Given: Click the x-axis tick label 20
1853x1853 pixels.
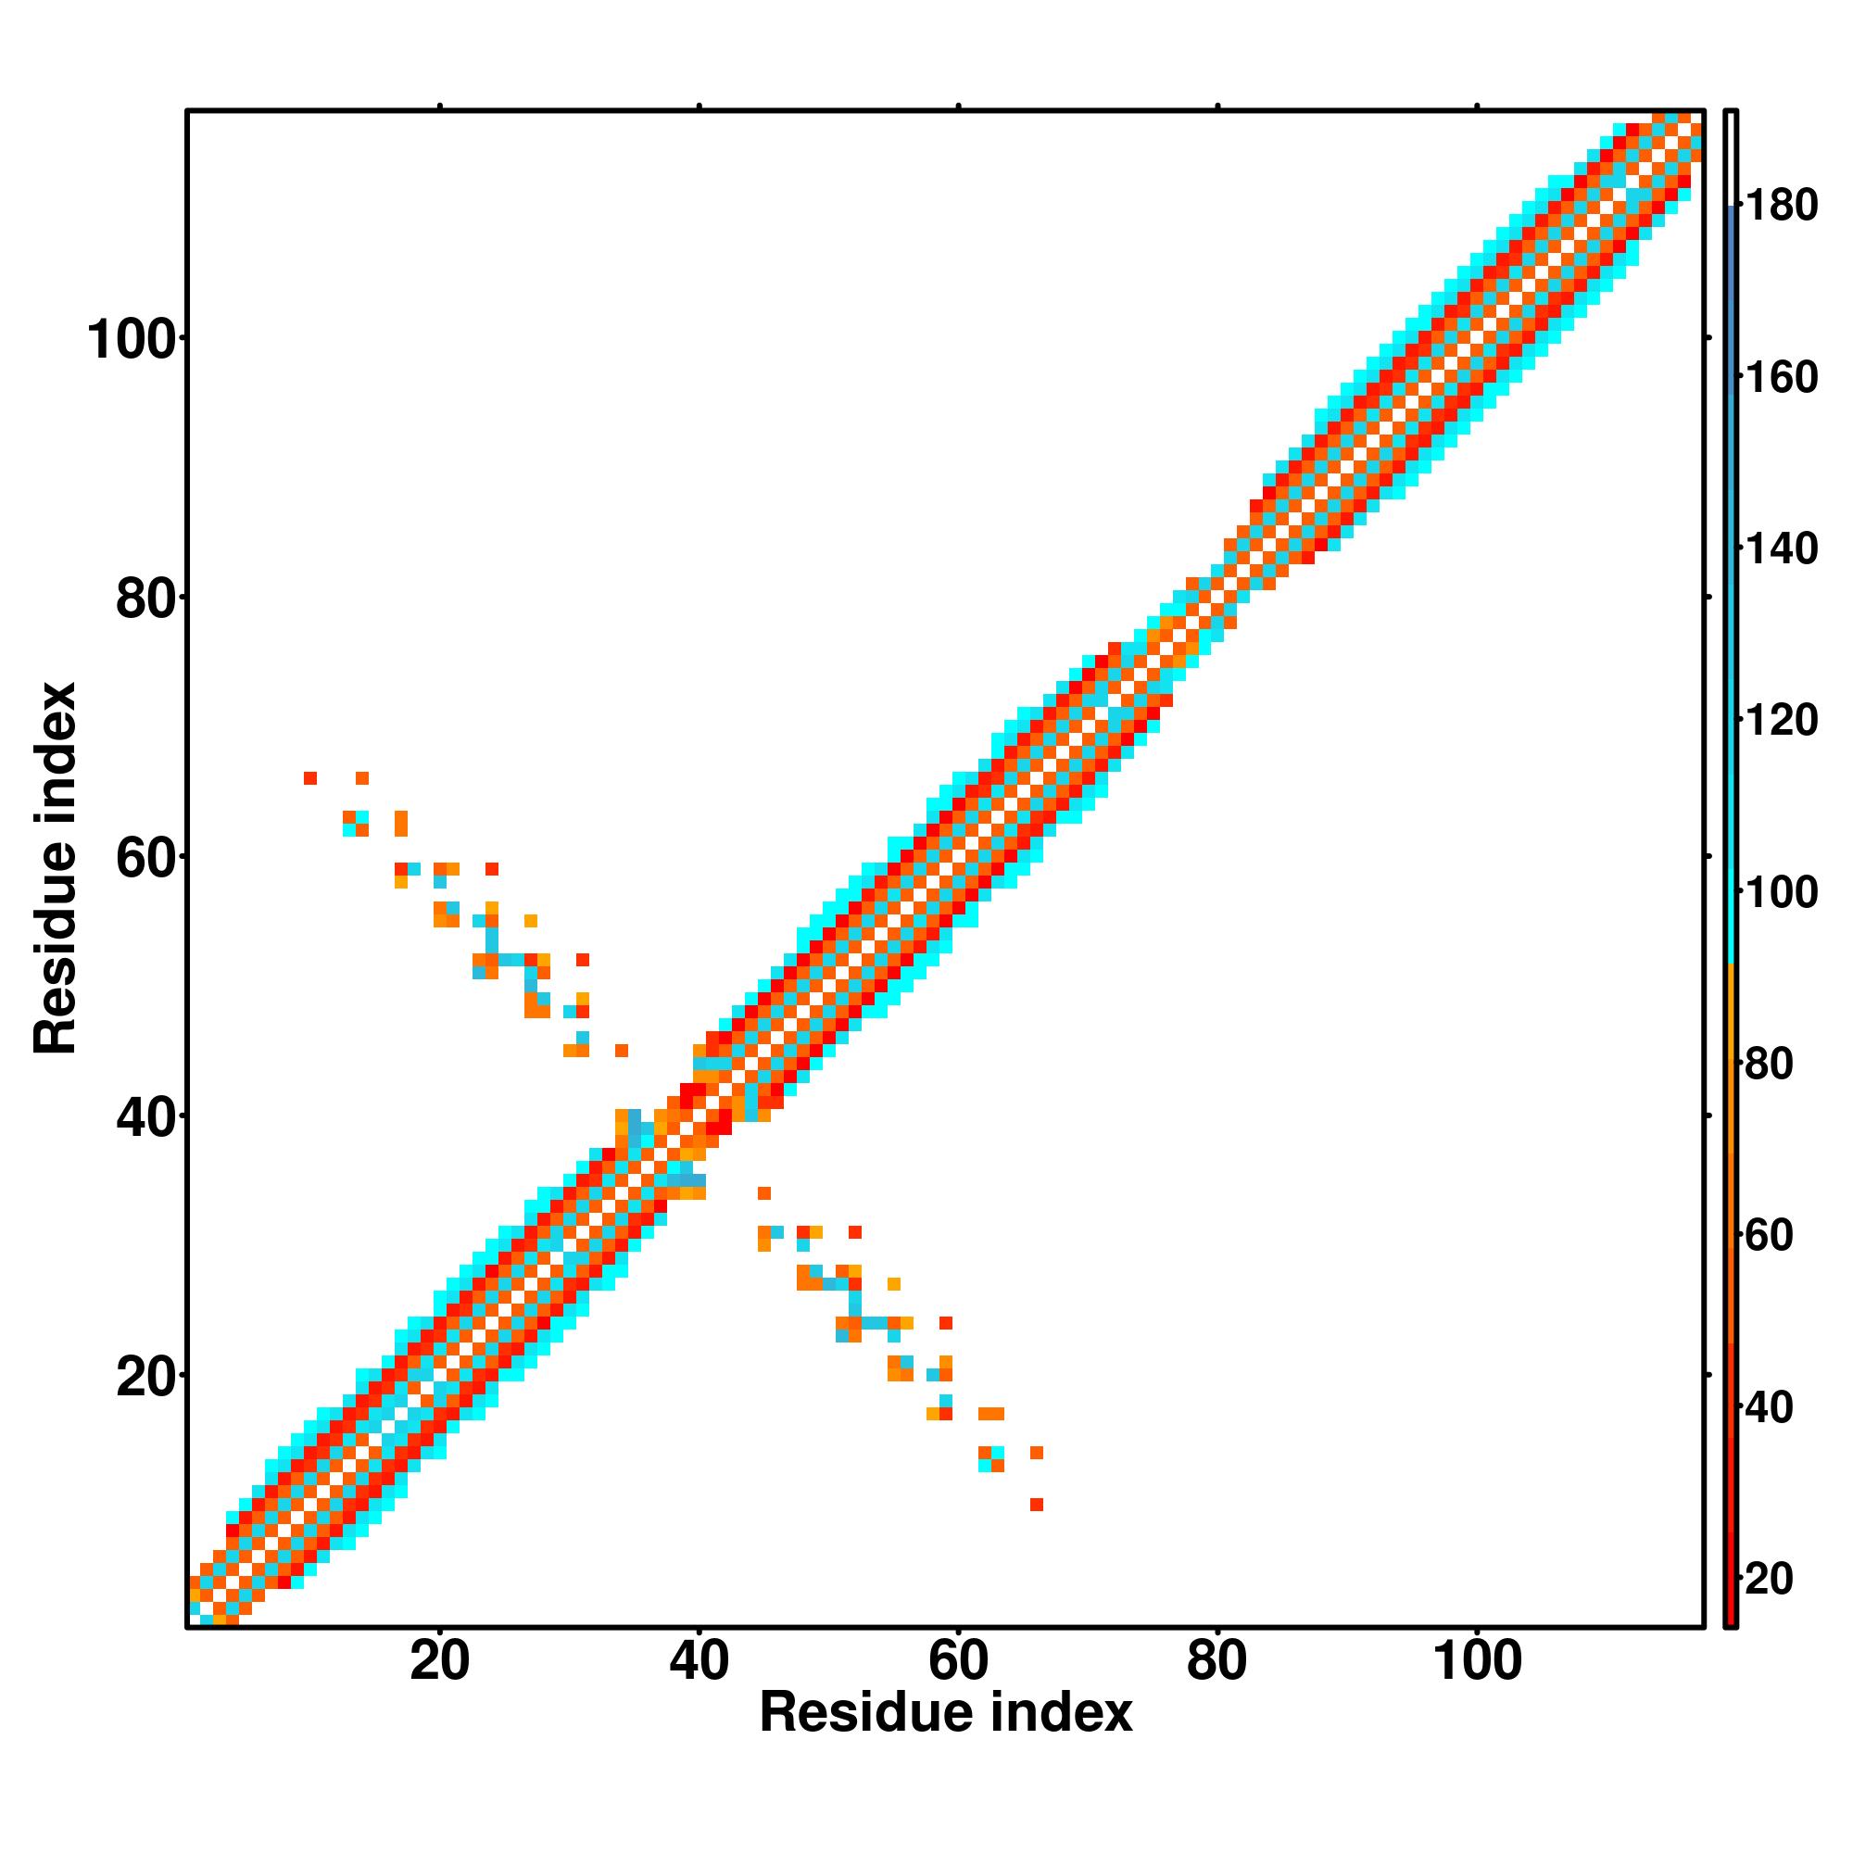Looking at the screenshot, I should click(439, 1662).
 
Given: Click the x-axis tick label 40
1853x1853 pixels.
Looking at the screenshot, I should click(700, 1662).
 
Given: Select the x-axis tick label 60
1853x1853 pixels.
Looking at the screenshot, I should click(958, 1662).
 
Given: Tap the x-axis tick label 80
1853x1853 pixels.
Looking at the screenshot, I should click(1217, 1662).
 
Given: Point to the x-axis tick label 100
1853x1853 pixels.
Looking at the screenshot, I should click(1477, 1662).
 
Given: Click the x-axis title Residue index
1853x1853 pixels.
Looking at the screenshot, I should click(946, 1714).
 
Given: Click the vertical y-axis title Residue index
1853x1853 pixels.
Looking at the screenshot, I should click(56, 868).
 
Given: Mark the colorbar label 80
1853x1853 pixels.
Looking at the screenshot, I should click(1771, 1065).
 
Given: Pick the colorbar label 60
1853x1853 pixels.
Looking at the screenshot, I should click(1771, 1236).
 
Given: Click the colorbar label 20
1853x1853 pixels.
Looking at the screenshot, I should click(1771, 1580).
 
